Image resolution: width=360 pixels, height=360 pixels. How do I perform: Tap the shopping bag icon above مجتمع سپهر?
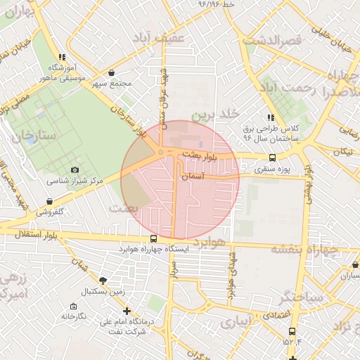click(112, 72)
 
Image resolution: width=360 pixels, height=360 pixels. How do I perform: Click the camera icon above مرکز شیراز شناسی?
click(75, 169)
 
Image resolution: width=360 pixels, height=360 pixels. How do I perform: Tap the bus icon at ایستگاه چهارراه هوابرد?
click(153, 238)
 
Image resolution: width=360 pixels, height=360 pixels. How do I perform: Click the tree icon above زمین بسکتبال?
click(103, 280)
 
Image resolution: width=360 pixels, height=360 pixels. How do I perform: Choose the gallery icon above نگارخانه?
click(74, 306)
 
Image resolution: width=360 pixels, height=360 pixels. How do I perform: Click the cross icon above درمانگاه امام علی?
click(127, 310)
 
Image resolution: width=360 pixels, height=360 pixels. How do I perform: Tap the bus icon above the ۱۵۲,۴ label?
click(292, 331)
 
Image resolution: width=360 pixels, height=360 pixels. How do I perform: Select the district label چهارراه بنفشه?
click(305, 249)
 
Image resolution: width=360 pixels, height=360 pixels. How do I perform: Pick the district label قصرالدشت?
click(272, 40)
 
